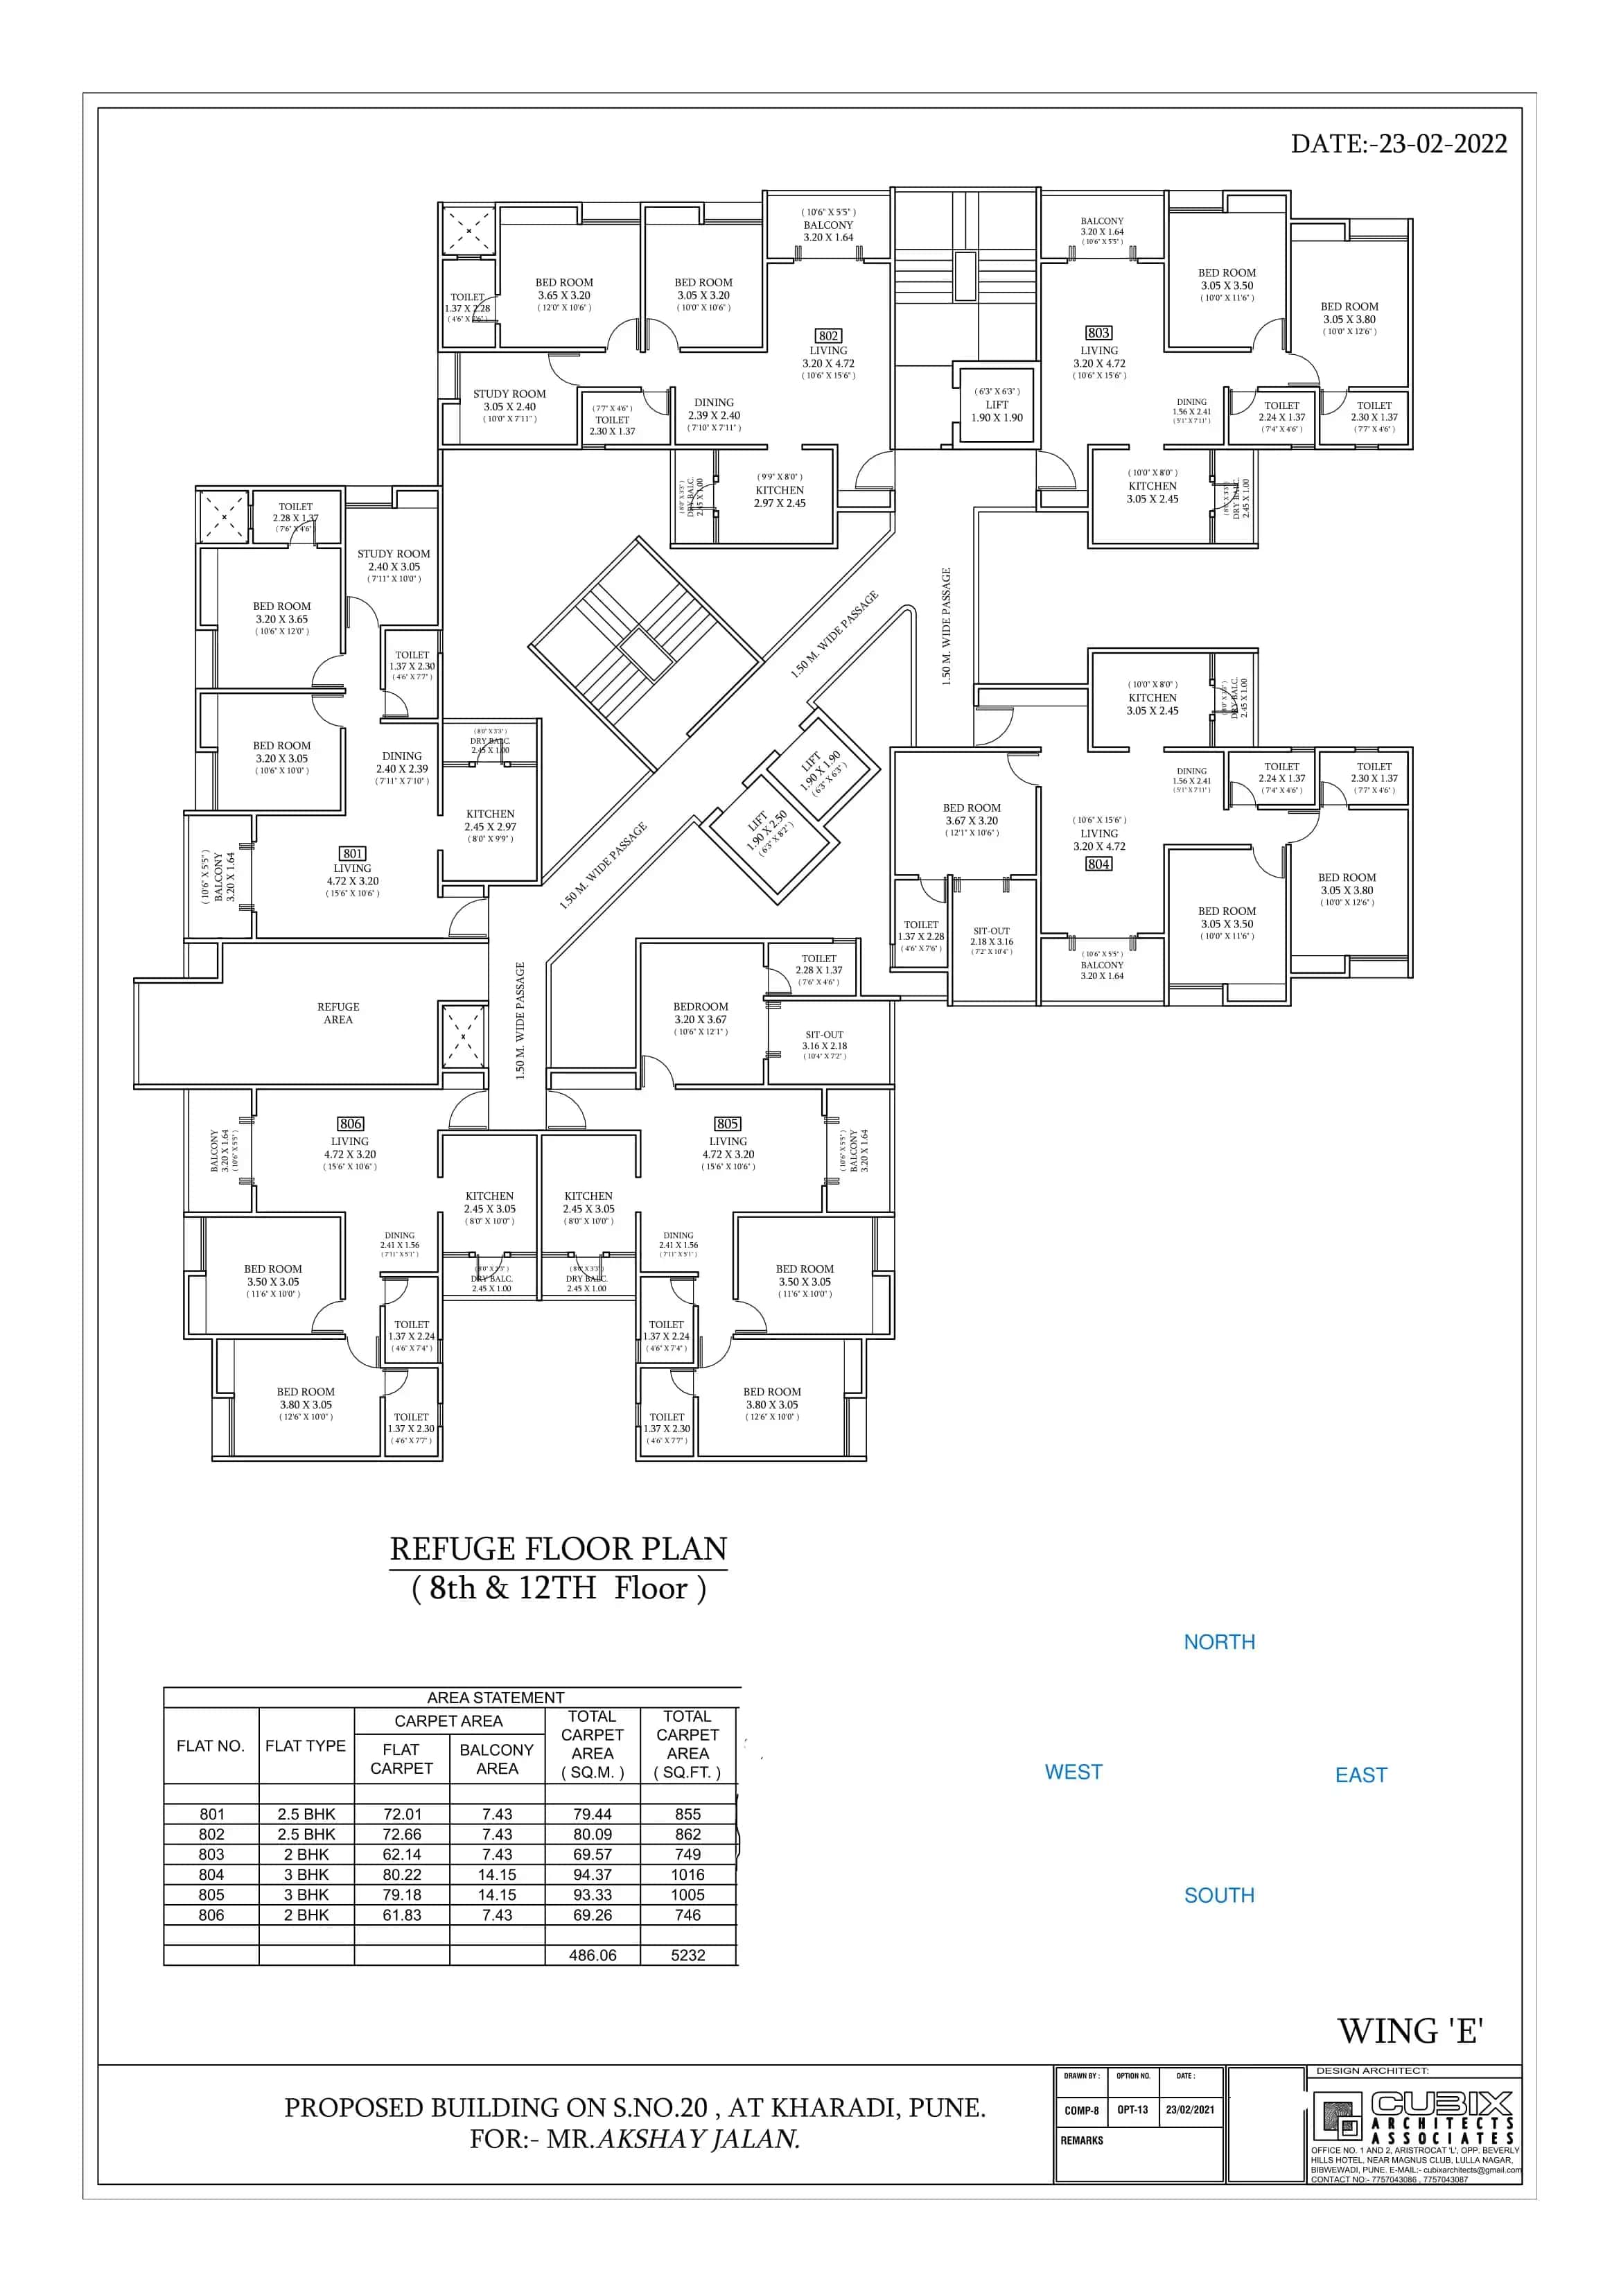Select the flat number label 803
click(1098, 333)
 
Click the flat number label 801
click(353, 854)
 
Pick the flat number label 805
click(727, 1124)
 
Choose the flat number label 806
click(351, 1124)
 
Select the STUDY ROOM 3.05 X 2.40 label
click(509, 401)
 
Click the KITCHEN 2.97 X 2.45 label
click(779, 496)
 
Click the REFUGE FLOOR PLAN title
click(559, 1549)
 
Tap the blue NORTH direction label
click(1218, 1642)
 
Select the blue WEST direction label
click(1073, 1772)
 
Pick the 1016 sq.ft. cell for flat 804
click(687, 1874)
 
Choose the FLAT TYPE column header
click(306, 1745)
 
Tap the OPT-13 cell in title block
click(1132, 2110)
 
